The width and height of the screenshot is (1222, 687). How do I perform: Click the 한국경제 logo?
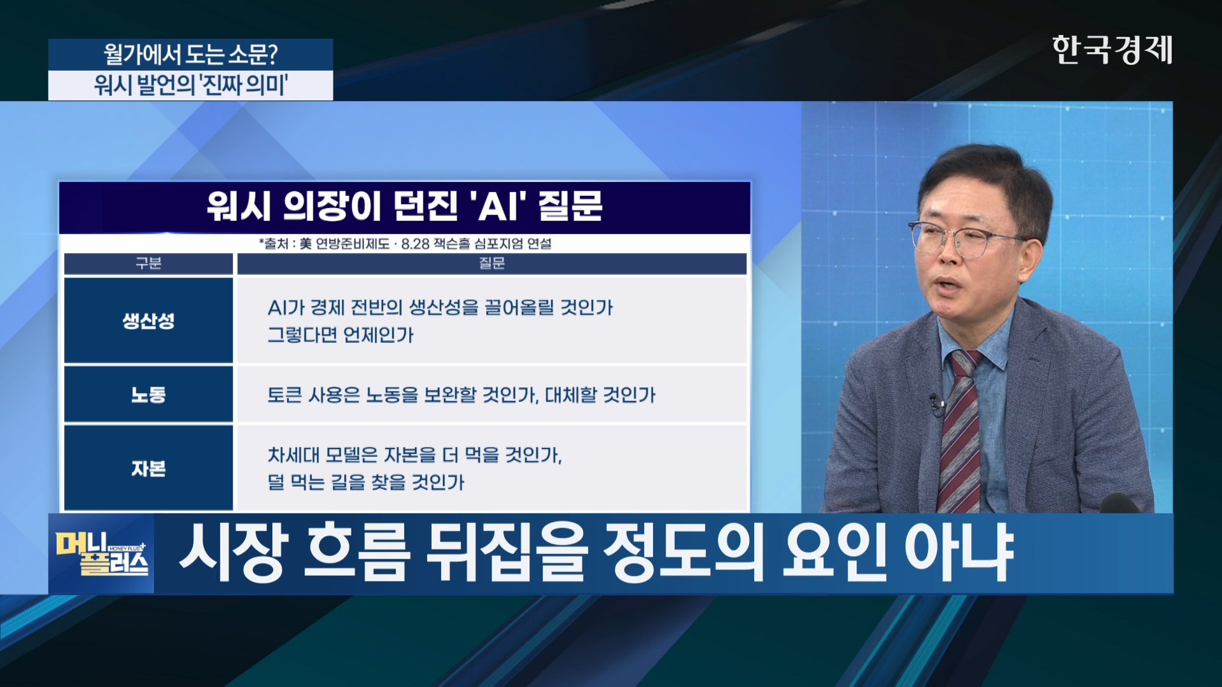[1112, 50]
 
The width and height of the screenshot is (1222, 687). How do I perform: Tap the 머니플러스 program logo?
[102, 553]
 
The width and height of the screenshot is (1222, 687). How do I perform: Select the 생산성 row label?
[148, 321]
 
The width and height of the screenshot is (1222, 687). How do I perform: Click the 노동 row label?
[148, 394]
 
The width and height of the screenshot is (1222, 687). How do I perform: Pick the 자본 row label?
[148, 468]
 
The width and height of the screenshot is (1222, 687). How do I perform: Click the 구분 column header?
[148, 263]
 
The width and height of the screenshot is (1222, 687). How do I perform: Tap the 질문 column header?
[491, 263]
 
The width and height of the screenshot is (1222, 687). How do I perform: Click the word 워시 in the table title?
[239, 206]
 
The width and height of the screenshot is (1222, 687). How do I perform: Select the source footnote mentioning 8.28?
[405, 244]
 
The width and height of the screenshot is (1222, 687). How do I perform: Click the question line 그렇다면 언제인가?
[341, 335]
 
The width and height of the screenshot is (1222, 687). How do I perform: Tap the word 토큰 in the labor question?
[284, 395]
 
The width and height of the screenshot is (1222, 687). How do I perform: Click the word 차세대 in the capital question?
[293, 455]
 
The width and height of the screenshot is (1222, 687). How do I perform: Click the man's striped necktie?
[960, 433]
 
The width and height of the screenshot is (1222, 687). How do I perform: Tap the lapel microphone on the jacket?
[936, 404]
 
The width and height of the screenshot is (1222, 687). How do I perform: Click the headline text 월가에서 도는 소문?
[190, 55]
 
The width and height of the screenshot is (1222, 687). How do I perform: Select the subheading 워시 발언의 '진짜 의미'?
[190, 85]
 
